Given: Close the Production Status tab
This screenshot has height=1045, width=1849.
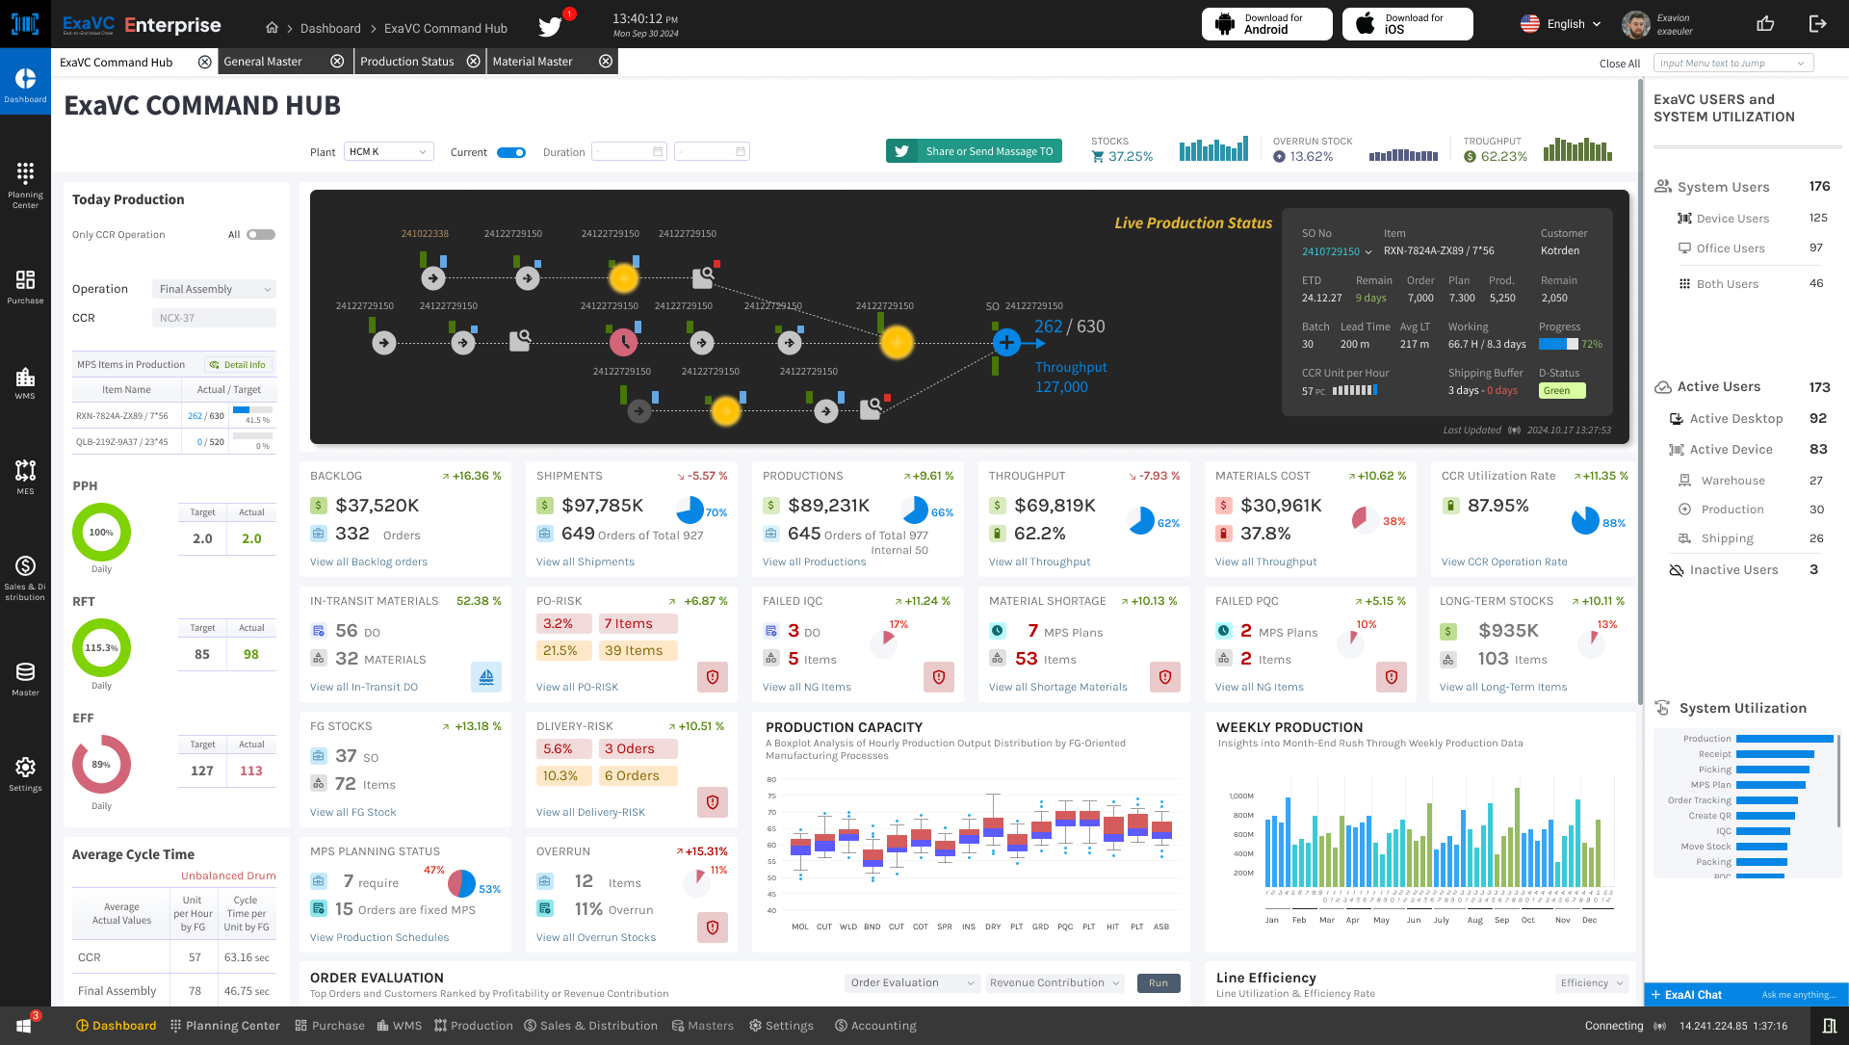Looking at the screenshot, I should (474, 62).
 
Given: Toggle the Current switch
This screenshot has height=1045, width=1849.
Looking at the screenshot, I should (511, 152).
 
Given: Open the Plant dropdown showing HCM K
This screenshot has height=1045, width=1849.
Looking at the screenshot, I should (388, 152).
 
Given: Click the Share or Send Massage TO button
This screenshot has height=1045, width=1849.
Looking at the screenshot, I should (974, 151).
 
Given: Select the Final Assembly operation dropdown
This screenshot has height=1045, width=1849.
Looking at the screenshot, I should (214, 289).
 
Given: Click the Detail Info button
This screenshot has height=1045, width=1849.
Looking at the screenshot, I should (238, 365).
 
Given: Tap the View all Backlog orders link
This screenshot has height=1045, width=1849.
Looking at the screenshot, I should (369, 562).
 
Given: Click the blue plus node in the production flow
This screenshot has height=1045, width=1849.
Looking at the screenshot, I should (1006, 342).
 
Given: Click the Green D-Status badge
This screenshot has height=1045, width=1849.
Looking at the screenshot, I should (1561, 391).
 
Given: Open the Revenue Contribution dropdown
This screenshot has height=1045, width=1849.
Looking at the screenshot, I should (1055, 983).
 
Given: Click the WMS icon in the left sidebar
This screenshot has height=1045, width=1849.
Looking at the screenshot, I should (25, 382).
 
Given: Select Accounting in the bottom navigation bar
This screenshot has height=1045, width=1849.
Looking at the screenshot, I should (875, 1026).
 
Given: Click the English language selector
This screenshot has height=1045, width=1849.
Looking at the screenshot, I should (1561, 24).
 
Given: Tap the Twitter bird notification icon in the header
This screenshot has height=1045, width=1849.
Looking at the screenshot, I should (551, 27).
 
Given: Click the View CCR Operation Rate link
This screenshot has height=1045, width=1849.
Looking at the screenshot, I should (1504, 562).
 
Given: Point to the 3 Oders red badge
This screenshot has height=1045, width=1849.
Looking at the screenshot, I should (638, 749).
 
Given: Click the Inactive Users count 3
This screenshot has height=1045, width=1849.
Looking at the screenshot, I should (1813, 570).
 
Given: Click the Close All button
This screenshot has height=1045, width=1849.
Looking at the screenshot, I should (1619, 64).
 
